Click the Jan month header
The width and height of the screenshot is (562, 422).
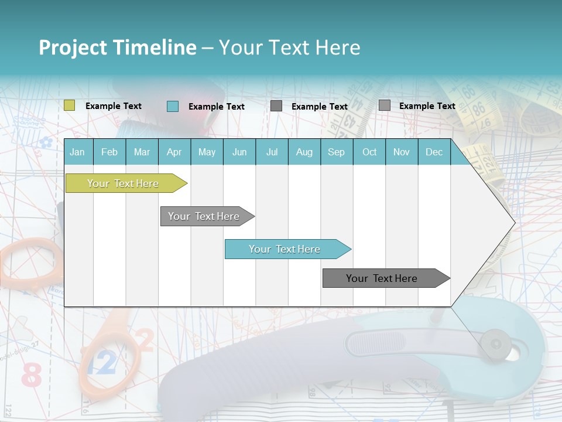pos(78,152)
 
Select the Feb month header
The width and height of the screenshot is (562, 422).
pos(109,152)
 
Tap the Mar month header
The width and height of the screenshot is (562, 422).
pos(142,152)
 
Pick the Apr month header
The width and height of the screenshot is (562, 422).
pos(174,152)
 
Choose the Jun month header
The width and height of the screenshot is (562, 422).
pos(239,152)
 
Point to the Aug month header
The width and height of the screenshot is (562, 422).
pos(304,152)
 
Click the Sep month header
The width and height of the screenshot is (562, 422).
pos(337,152)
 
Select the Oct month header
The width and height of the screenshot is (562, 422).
pos(369,152)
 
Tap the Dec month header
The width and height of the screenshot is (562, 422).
pos(434,152)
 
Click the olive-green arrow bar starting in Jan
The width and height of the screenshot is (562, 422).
pos(123,183)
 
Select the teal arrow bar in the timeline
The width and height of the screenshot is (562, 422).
pos(285,249)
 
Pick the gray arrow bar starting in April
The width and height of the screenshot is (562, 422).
pos(204,216)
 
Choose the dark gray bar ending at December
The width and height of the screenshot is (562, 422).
pos(382,278)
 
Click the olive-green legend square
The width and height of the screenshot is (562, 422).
pos(70,105)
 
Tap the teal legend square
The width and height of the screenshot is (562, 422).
pos(173,106)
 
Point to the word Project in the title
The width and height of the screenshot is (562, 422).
pos(73,47)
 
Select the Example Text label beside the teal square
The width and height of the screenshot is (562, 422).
pos(217,107)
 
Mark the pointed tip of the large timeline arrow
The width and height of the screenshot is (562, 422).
pos(514,223)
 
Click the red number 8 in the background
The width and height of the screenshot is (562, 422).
pos(31,375)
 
